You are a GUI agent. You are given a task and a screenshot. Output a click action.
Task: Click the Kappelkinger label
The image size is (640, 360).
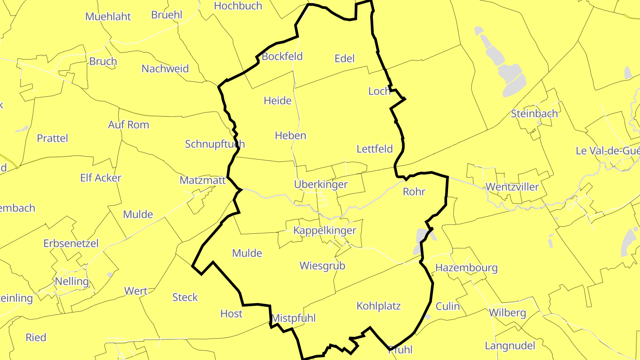click(x=324, y=230)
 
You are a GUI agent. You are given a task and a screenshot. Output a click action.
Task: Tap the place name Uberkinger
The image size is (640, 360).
click(x=320, y=184)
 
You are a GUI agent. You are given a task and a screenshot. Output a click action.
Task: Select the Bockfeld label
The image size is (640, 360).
click(x=282, y=56)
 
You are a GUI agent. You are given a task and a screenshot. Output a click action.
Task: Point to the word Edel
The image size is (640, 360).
click(x=344, y=58)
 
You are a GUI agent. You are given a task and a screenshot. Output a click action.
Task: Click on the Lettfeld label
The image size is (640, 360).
click(x=375, y=149)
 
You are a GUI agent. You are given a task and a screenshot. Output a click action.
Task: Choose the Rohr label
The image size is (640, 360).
click(x=414, y=192)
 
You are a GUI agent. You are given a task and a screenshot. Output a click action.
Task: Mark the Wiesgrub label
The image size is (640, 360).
click(x=322, y=266)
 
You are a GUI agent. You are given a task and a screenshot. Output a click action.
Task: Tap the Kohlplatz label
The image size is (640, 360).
click(x=379, y=306)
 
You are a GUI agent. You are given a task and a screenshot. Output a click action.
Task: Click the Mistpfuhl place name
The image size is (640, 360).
click(x=293, y=318)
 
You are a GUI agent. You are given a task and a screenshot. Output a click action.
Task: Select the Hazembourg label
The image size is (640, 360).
click(x=466, y=268)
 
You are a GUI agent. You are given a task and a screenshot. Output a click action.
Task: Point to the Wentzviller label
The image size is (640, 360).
click(x=512, y=187)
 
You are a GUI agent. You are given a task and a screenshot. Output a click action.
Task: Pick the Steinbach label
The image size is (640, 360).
click(x=534, y=113)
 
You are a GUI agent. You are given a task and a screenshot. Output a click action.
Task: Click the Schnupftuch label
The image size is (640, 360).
click(x=215, y=144)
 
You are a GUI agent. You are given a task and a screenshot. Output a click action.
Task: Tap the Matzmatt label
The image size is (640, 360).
click(x=203, y=180)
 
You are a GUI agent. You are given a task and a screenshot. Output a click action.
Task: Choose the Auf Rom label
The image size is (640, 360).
click(x=128, y=125)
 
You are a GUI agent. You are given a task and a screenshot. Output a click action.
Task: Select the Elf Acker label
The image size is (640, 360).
click(x=100, y=178)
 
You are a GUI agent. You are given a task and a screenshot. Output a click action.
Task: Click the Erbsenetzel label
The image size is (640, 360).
click(x=71, y=244)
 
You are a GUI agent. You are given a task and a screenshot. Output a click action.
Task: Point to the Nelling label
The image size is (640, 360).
click(x=72, y=281)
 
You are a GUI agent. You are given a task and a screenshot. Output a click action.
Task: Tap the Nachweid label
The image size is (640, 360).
click(x=165, y=69)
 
